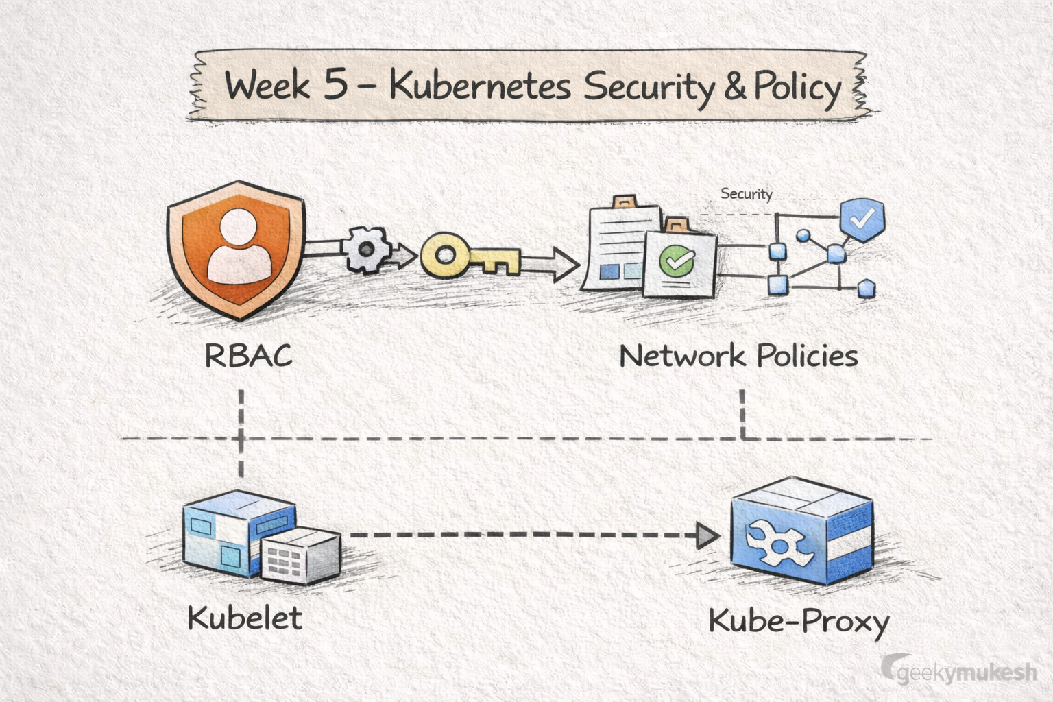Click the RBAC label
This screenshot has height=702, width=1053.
pyautogui.click(x=248, y=356)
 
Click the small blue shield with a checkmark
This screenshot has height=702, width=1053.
pyautogui.click(x=862, y=219)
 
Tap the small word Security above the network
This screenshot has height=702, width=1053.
pyautogui.click(x=746, y=194)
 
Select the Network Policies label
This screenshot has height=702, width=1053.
pyautogui.click(x=738, y=356)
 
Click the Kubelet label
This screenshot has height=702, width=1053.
pyautogui.click(x=245, y=618)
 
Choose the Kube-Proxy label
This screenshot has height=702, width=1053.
pyautogui.click(x=799, y=622)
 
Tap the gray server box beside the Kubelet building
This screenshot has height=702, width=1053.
pyautogui.click(x=302, y=555)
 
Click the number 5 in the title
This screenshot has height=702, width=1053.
pyautogui.click(x=335, y=87)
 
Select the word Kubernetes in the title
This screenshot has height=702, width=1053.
pyautogui.click(x=480, y=87)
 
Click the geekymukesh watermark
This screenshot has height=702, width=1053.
pyautogui.click(x=960, y=672)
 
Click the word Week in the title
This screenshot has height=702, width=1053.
pyautogui.click(x=267, y=87)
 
